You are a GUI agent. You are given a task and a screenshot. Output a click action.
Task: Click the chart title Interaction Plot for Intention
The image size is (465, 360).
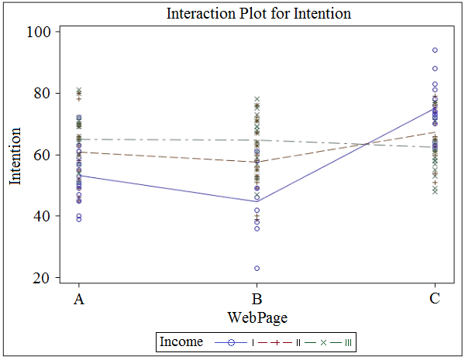tap(259, 14)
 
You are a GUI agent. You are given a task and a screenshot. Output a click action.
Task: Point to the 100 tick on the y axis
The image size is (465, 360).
tap(39, 32)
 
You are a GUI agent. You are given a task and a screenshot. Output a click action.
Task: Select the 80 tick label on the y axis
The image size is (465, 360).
tap(43, 93)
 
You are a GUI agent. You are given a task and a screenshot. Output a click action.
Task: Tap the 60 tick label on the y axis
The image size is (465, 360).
tap(43, 155)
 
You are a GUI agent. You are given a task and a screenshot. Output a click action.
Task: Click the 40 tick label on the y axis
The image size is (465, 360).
tap(43, 216)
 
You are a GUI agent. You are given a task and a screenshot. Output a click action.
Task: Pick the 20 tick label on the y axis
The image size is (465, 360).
tap(43, 278)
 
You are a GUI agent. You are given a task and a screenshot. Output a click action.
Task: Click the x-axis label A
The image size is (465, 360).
tap(79, 299)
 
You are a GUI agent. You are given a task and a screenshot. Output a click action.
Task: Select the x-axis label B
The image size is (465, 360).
tap(257, 299)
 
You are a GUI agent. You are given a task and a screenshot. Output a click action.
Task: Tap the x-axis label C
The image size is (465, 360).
tap(435, 299)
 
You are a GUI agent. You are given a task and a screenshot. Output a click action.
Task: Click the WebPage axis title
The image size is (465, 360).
tap(257, 317)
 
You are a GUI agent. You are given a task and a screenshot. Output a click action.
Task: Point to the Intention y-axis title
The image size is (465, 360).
tap(15, 156)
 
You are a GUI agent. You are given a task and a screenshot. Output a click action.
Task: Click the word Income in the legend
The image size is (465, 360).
tap(181, 341)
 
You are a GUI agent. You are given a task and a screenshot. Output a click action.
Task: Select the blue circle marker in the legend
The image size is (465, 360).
tap(231, 343)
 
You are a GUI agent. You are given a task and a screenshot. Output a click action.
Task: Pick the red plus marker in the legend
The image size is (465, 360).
tap(276, 343)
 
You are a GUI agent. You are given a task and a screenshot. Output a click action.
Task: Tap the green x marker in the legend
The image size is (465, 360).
tap(323, 343)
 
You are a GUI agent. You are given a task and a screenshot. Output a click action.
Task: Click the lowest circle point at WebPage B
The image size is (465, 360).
tap(257, 269)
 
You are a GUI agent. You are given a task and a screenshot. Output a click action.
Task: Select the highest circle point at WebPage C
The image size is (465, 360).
tap(435, 50)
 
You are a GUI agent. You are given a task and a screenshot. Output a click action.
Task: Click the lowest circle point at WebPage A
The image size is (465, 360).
tap(79, 219)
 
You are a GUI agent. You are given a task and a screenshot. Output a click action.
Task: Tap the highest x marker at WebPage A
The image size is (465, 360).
tap(79, 90)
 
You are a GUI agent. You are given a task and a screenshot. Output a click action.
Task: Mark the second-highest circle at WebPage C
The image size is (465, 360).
tap(435, 68)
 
